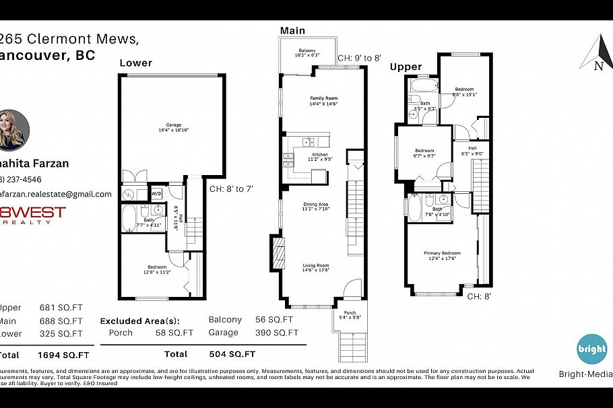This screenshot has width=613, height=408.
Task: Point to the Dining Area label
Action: tap(315, 207)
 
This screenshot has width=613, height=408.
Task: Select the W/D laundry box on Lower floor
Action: tap(156, 193)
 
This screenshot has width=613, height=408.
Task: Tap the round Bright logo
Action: tap(591, 349)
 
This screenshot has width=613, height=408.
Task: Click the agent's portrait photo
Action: tap(13, 129)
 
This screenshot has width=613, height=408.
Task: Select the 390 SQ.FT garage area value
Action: tap(276, 333)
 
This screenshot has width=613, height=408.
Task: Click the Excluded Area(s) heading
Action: tap(145, 320)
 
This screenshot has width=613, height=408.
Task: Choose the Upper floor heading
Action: tap(406, 67)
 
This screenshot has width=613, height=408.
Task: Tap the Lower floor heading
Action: tap(135, 63)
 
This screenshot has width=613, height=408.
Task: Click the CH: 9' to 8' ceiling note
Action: tap(362, 59)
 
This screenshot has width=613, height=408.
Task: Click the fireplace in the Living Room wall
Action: tap(276, 252)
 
